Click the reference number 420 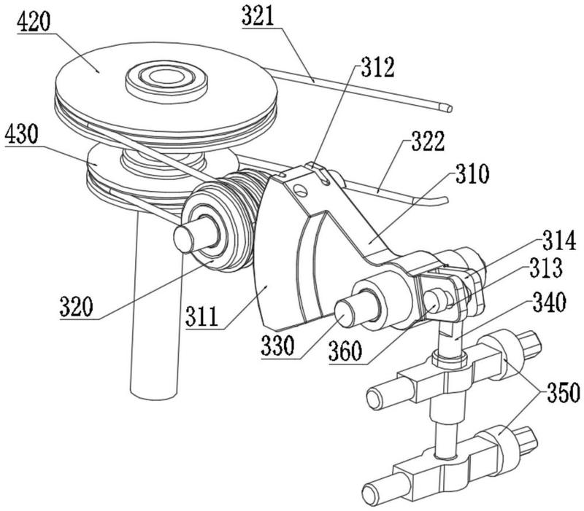[x=34, y=22]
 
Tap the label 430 [x=22, y=134]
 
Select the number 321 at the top [x=258, y=16]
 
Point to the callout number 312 [x=377, y=67]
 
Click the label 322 [x=429, y=141]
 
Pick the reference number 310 [x=472, y=173]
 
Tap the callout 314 [x=559, y=241]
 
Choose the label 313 [x=546, y=268]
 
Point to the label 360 [x=345, y=351]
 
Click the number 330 [x=278, y=346]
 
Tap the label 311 [x=202, y=317]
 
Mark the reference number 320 [x=77, y=306]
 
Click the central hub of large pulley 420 [x=166, y=79]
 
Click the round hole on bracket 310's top [x=300, y=190]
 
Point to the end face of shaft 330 [x=345, y=314]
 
